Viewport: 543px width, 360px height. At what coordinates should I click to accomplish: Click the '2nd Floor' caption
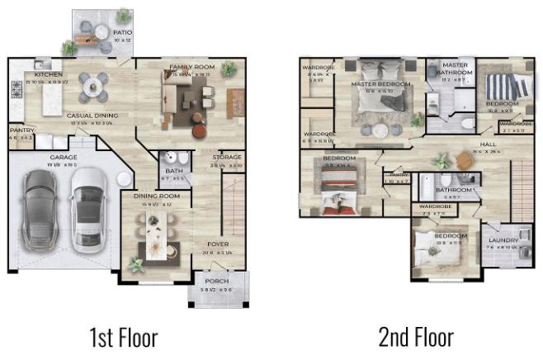tap(416, 337)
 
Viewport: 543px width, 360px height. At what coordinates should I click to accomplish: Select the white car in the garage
tap(87, 209)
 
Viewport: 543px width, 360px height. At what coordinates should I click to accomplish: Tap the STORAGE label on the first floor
tap(227, 157)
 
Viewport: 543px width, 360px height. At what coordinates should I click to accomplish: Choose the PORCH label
tap(217, 282)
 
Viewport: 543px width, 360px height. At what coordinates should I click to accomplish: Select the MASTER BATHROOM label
tap(456, 69)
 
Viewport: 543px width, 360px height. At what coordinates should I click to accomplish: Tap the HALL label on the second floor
tap(488, 144)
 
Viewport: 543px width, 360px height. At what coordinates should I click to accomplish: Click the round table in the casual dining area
tap(92, 83)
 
